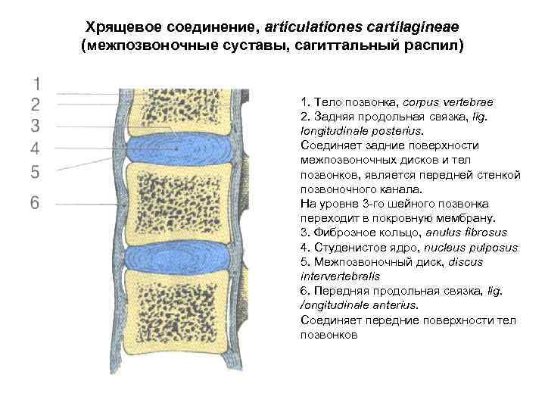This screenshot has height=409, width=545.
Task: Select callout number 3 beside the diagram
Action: tap(35, 124)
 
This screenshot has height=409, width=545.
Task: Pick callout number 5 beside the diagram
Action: tap(35, 172)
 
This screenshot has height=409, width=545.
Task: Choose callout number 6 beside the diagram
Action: tap(35, 203)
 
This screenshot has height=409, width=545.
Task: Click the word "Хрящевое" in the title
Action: tap(121, 27)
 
